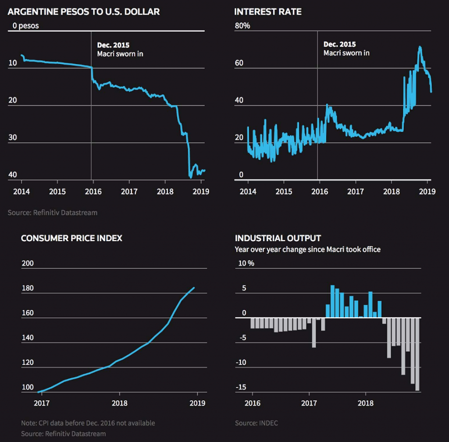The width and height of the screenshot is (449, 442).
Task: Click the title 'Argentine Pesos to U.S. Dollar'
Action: pyautogui.click(x=83, y=12)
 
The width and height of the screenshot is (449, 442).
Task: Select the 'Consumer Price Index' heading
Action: pyautogui.click(x=71, y=238)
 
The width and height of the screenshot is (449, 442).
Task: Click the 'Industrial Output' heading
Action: pyautogui.click(x=278, y=238)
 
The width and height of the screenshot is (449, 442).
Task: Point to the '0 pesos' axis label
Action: pyautogui.click(x=25, y=26)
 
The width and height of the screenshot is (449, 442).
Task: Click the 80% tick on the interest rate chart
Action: pyautogui.click(x=242, y=26)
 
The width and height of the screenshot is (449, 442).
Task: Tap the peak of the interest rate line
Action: pyautogui.click(x=420, y=47)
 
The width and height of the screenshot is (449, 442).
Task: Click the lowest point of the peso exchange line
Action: pyautogui.click(x=190, y=177)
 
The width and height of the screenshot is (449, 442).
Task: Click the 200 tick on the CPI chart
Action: pyautogui.click(x=27, y=264)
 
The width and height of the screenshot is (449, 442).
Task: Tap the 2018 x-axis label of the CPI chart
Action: pyautogui.click(x=120, y=403)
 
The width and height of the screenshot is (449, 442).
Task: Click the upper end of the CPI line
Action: pyautogui.click(x=194, y=288)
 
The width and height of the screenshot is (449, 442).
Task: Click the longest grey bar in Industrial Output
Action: pyautogui.click(x=417, y=354)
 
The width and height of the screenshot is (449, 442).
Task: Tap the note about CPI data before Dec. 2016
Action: pyautogui.click(x=88, y=423)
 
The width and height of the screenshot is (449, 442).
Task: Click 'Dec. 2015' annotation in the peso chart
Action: pyautogui.click(x=113, y=45)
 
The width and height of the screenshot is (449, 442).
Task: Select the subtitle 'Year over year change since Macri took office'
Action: pyautogui.click(x=307, y=250)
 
